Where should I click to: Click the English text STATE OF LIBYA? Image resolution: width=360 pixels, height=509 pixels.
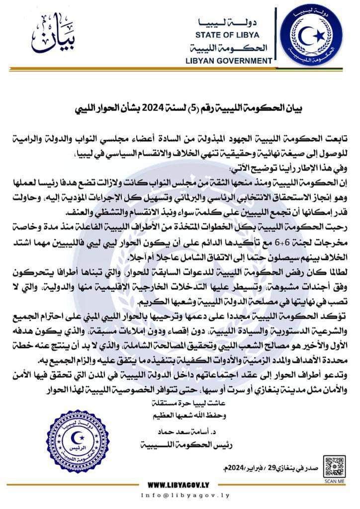coord(232,35)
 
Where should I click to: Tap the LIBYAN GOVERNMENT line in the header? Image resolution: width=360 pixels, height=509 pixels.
coord(231,61)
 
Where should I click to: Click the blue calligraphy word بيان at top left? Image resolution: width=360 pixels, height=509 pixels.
coord(49,39)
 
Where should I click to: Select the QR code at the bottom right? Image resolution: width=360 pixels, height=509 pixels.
coord(334,465)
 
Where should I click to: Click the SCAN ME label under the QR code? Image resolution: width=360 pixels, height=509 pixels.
coord(334,480)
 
